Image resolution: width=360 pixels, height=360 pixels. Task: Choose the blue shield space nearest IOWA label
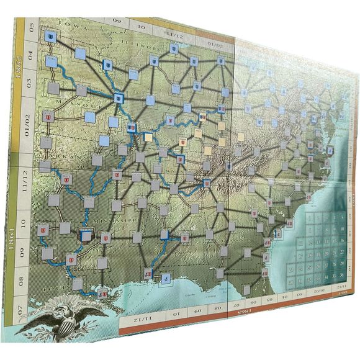pos(50,39)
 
